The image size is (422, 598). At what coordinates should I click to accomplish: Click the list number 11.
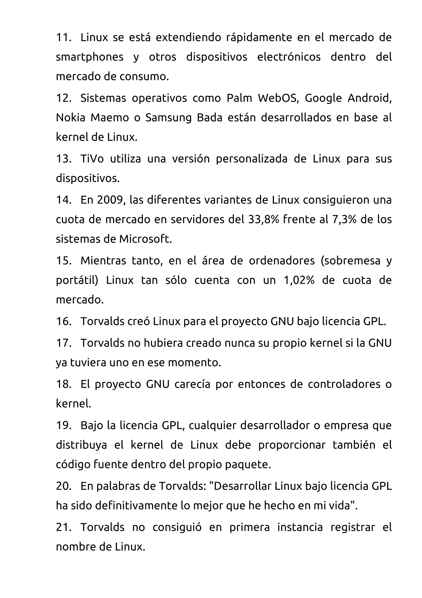pyautogui.click(x=63, y=38)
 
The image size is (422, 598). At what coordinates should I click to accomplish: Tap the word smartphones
pyautogui.click(x=90, y=57)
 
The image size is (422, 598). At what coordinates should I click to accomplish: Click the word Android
pyautogui.click(x=369, y=98)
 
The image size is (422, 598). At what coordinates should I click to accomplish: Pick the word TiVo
pyautogui.click(x=92, y=159)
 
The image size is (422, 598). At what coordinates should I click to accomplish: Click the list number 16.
pyautogui.click(x=63, y=321)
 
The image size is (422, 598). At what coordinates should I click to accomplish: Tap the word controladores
pyautogui.click(x=344, y=384)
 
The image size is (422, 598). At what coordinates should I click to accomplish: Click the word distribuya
pyautogui.click(x=81, y=445)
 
